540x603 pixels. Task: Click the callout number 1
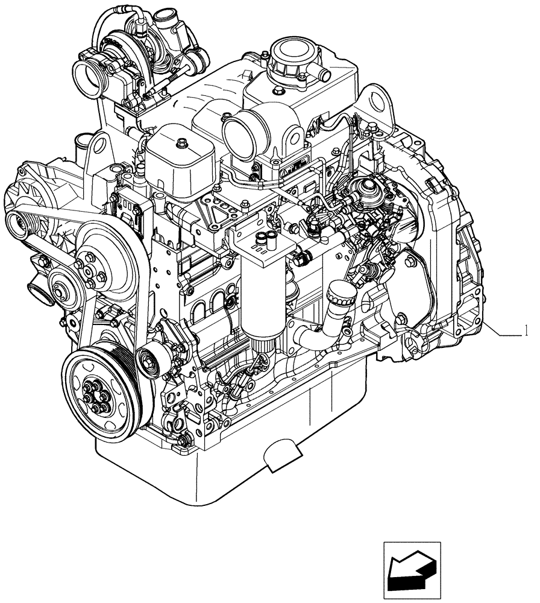(527, 330)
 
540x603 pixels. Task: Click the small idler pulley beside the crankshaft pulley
(149, 361)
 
